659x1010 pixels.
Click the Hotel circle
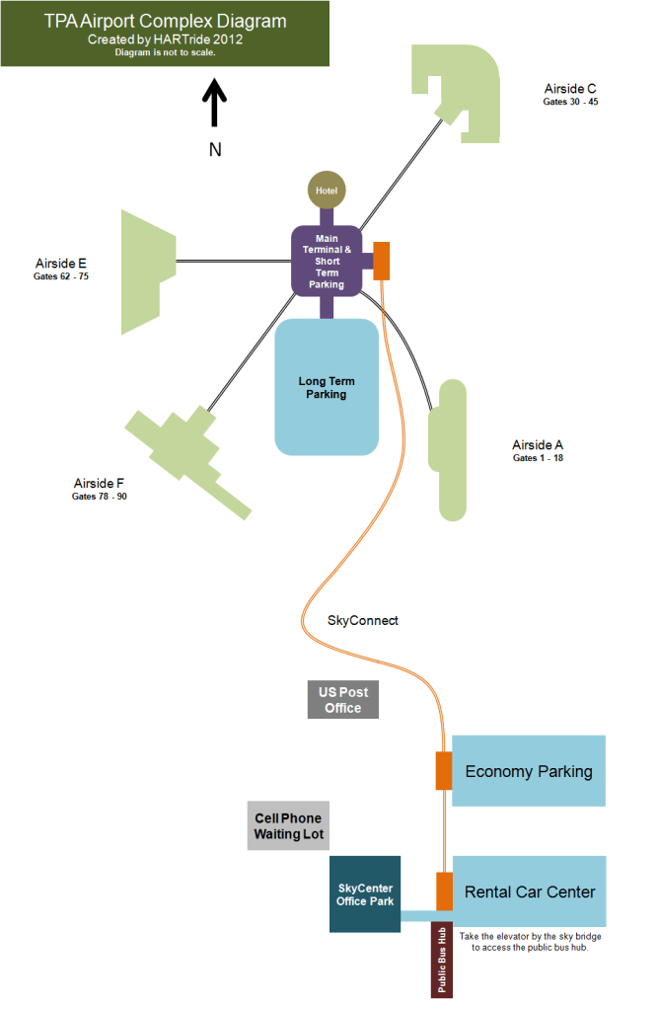327,190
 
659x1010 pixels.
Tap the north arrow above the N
214,104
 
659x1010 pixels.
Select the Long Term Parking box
327,387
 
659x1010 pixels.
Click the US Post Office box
342,700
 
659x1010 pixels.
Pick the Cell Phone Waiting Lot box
288,826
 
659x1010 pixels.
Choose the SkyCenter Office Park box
364,893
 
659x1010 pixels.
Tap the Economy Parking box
529,771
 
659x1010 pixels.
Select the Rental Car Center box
529,892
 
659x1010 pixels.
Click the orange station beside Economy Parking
444,771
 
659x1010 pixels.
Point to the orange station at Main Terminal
382,261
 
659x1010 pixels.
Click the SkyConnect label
362,621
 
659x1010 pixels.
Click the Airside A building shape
448,449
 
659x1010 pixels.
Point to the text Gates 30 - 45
570,102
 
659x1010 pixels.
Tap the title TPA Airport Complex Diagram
166,22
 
